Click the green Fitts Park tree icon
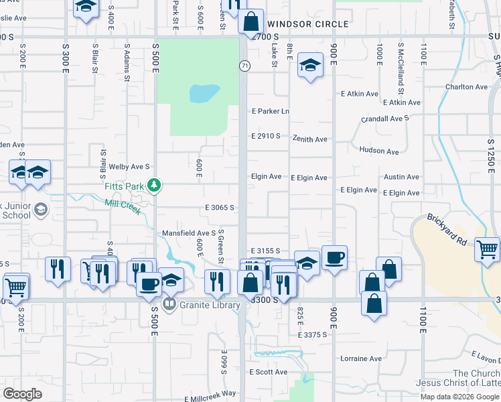click(x=155, y=184)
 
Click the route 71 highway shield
click(x=244, y=64)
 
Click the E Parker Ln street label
click(x=270, y=111)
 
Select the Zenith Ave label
click(x=309, y=139)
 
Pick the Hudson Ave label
click(x=379, y=151)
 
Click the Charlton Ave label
click(x=466, y=87)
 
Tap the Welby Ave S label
click(x=129, y=166)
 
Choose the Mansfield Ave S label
click(x=188, y=233)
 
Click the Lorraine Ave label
click(x=360, y=358)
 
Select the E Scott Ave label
click(x=268, y=372)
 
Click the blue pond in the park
click(x=204, y=93)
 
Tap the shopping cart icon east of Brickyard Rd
click(x=488, y=249)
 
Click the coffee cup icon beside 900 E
click(x=334, y=257)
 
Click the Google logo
click(x=22, y=394)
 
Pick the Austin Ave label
click(x=401, y=177)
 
